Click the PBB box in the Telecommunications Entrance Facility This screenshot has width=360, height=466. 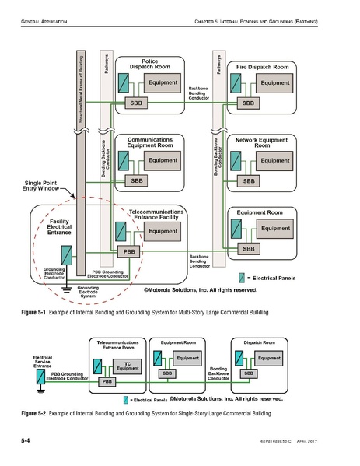tap(127, 251)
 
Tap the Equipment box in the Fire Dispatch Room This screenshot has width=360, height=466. tap(274, 83)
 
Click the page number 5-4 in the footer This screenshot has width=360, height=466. tap(25, 441)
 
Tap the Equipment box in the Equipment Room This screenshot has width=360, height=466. tap(274, 229)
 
